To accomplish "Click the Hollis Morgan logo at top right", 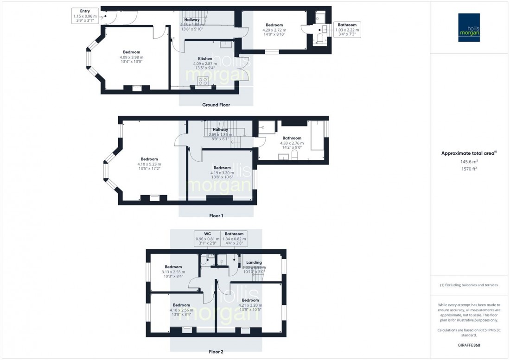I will click(x=469, y=28).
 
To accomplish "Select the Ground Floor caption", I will click(x=216, y=105).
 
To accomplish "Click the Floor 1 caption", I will click(x=216, y=216).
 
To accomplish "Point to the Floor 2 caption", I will click(x=216, y=352).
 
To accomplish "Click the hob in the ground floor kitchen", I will click(x=203, y=81).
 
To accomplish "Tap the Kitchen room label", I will click(x=205, y=59).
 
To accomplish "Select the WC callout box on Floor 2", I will click(x=207, y=239).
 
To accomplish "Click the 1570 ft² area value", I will click(x=469, y=169).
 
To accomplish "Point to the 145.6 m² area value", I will click(x=469, y=162).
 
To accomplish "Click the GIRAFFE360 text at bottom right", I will click(x=469, y=346).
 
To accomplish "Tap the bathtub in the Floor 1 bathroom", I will click(x=318, y=135).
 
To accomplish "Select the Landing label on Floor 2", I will click(x=254, y=262).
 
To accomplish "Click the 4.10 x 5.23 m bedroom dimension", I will click(x=149, y=164).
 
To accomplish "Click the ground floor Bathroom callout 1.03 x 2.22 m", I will click(x=347, y=30).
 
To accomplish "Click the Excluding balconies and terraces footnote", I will click(x=469, y=285).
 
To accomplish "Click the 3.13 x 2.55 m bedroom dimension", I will click(x=173, y=272).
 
